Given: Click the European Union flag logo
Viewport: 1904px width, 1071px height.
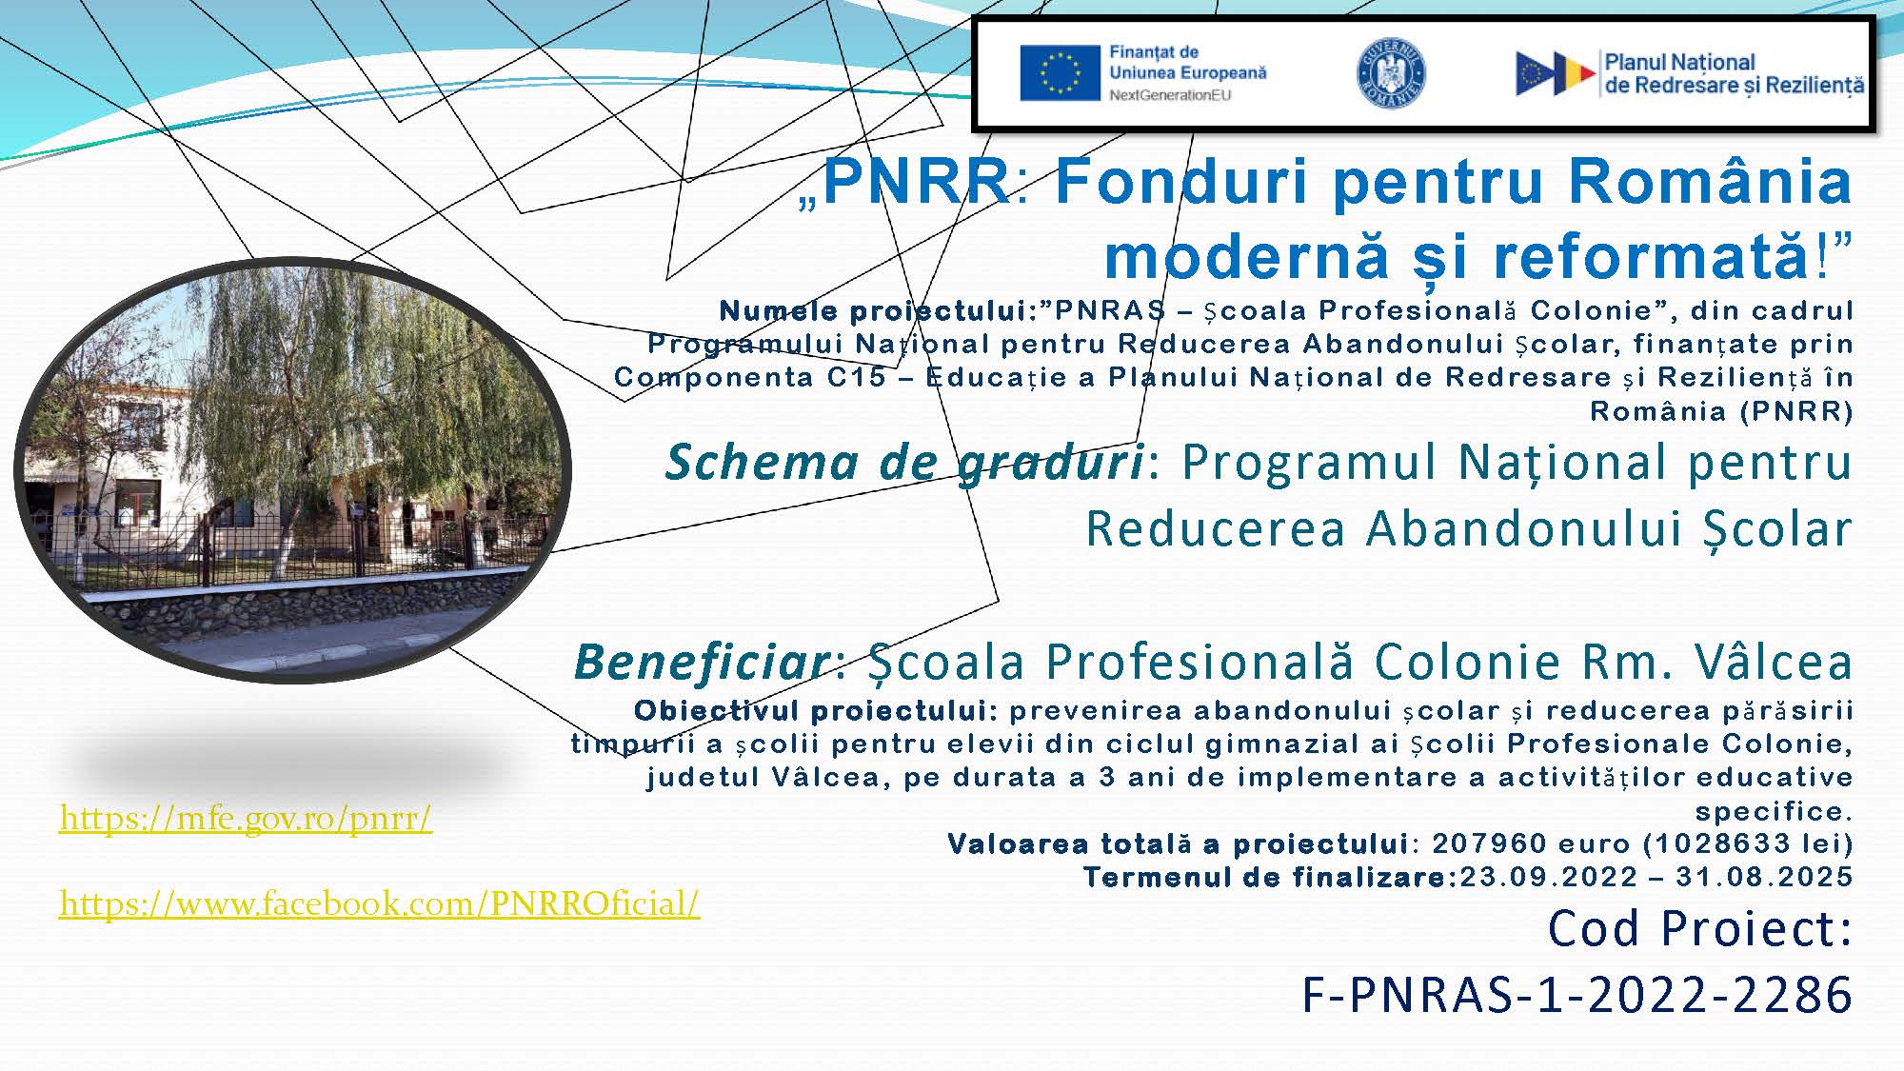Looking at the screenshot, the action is pos(1060,73).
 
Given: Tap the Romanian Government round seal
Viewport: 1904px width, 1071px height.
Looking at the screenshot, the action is pos(1391,73).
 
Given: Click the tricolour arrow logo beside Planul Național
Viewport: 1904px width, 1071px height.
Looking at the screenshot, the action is pos(1555,73).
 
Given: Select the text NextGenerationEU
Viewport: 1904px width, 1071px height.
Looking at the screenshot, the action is pos(1170,94).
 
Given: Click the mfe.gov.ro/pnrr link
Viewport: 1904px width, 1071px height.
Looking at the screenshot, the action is pos(246,818).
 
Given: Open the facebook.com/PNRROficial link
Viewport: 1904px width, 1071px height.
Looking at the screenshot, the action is pos(380,903).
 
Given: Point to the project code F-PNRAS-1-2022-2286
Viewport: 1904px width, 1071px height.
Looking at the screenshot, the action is pos(1577,995).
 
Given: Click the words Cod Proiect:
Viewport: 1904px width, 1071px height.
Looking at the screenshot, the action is pos(1700,928).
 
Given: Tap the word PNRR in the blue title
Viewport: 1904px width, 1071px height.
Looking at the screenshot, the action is pos(915,181).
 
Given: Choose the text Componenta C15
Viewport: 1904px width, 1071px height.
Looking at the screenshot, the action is pos(750,378).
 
